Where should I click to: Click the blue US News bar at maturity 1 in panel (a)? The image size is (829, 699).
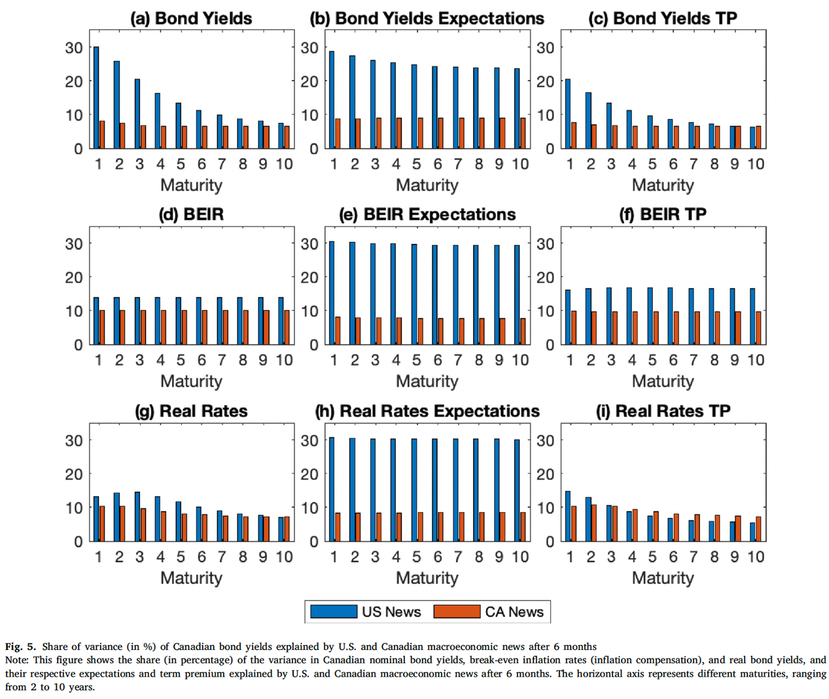pos(96,98)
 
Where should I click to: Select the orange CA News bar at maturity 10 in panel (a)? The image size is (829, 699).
pos(287,137)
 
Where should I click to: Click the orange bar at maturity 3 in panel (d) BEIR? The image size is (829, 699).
pos(143,328)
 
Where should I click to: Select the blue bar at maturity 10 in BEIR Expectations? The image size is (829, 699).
pos(517,295)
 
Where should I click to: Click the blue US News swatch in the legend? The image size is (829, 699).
pos(333,612)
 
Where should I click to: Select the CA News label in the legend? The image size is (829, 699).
pos(514,612)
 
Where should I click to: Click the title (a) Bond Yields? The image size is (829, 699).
pos(191,18)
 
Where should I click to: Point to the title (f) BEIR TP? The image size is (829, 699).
pos(663,214)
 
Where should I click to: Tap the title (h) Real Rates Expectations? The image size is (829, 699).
pos(427,411)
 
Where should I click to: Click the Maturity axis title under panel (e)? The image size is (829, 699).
pos(427,381)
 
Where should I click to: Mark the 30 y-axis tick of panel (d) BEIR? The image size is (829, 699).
pos(74,244)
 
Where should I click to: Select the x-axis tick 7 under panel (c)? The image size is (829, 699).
pos(694,164)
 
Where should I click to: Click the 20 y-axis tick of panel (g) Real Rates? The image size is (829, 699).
pos(74,474)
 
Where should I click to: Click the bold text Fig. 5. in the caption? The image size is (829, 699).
pos(20,647)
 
